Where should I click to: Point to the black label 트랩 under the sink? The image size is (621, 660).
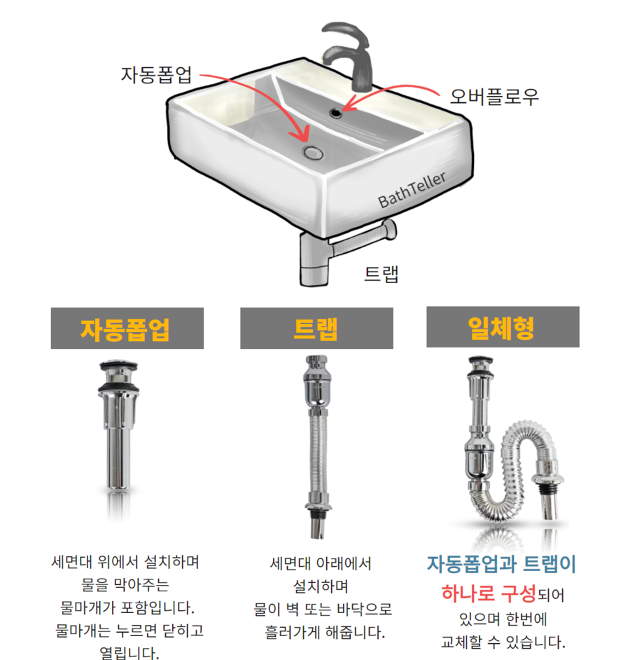click(381, 273)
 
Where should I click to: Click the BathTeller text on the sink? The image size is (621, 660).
click(412, 190)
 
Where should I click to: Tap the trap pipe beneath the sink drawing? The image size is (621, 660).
click(313, 259)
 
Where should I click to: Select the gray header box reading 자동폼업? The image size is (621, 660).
click(127, 328)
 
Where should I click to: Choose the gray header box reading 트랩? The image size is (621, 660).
click(316, 328)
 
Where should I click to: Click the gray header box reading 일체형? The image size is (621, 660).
click(502, 326)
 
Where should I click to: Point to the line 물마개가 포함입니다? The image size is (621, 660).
click(127, 606)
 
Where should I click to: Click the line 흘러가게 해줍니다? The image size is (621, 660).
click(315, 632)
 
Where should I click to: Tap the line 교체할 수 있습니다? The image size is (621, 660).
click(502, 642)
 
